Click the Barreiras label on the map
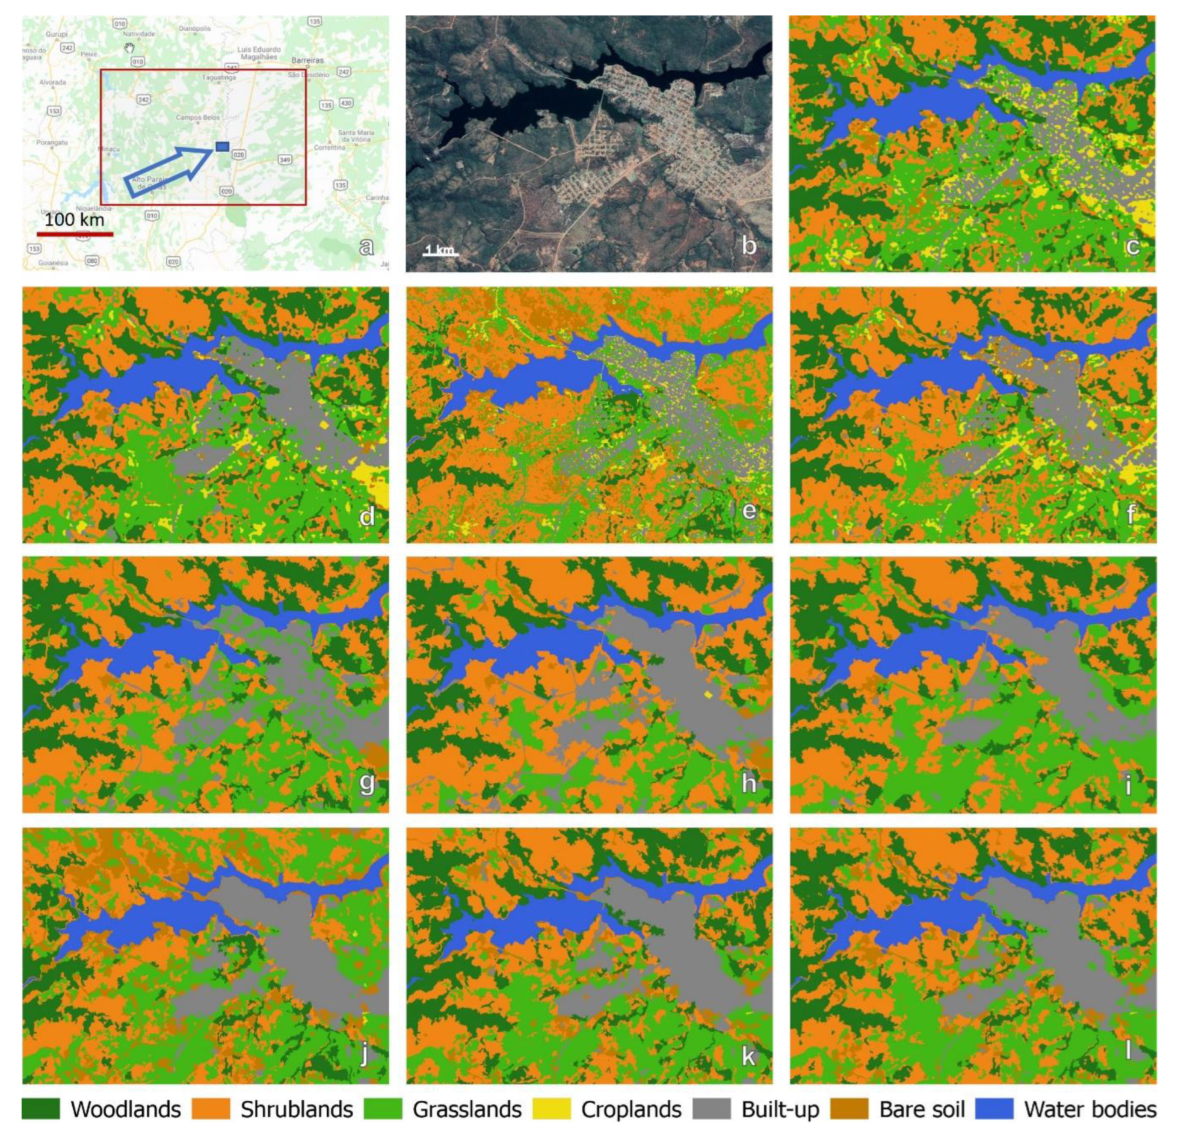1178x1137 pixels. coord(307,60)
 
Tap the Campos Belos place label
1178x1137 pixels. coord(198,117)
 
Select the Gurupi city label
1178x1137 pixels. coord(57,34)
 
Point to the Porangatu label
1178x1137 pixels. coord(52,143)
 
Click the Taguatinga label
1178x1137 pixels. coord(219,78)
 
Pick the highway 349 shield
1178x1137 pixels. coord(285,159)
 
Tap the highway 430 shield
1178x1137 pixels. coord(345,103)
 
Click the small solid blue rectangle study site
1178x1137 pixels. coord(222,146)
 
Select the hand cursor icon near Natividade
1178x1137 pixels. coord(129,48)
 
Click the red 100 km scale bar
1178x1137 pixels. coord(75,233)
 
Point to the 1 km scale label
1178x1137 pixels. coord(440,248)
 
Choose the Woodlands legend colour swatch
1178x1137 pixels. coord(40,1109)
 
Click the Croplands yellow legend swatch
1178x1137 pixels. coord(552,1109)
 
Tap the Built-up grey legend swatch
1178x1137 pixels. coord(711,1109)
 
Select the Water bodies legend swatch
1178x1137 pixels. coord(994,1109)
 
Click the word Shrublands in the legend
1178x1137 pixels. coord(297,1109)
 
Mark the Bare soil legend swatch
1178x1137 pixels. coord(850,1109)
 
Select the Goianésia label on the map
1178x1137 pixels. coord(53,263)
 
